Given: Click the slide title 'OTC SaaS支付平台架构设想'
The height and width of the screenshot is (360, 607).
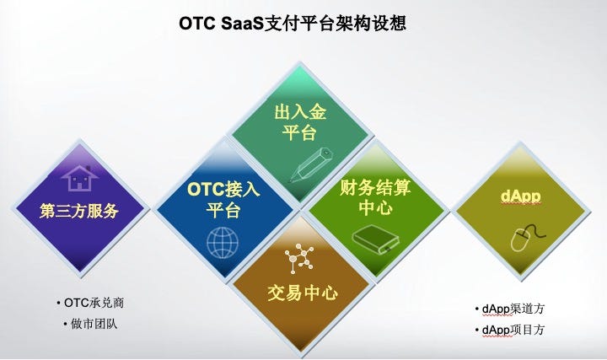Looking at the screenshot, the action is (293, 24).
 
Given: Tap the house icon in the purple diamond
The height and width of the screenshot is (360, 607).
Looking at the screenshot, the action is (80, 179).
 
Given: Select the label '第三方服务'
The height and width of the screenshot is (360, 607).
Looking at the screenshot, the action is (79, 212).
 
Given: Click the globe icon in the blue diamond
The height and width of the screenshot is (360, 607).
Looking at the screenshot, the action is (223, 243).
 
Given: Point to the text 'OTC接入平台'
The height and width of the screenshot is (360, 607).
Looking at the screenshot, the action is (223, 200).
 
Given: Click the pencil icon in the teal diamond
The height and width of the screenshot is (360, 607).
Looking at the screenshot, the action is (312, 164).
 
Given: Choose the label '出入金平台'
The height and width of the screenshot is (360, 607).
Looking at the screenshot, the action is (300, 122).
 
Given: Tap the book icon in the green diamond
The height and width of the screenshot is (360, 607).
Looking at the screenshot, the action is (375, 240).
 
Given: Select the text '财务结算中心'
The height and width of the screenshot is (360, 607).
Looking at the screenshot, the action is (375, 197).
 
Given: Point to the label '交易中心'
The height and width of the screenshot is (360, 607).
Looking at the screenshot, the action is (303, 293).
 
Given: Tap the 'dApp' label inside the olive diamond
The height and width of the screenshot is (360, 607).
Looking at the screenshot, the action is (520, 196).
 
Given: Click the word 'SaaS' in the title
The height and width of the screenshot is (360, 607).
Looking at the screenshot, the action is (242, 24).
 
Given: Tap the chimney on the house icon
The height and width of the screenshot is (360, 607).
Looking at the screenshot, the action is (89, 169).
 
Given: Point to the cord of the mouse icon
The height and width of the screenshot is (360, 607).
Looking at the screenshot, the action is (535, 231).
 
